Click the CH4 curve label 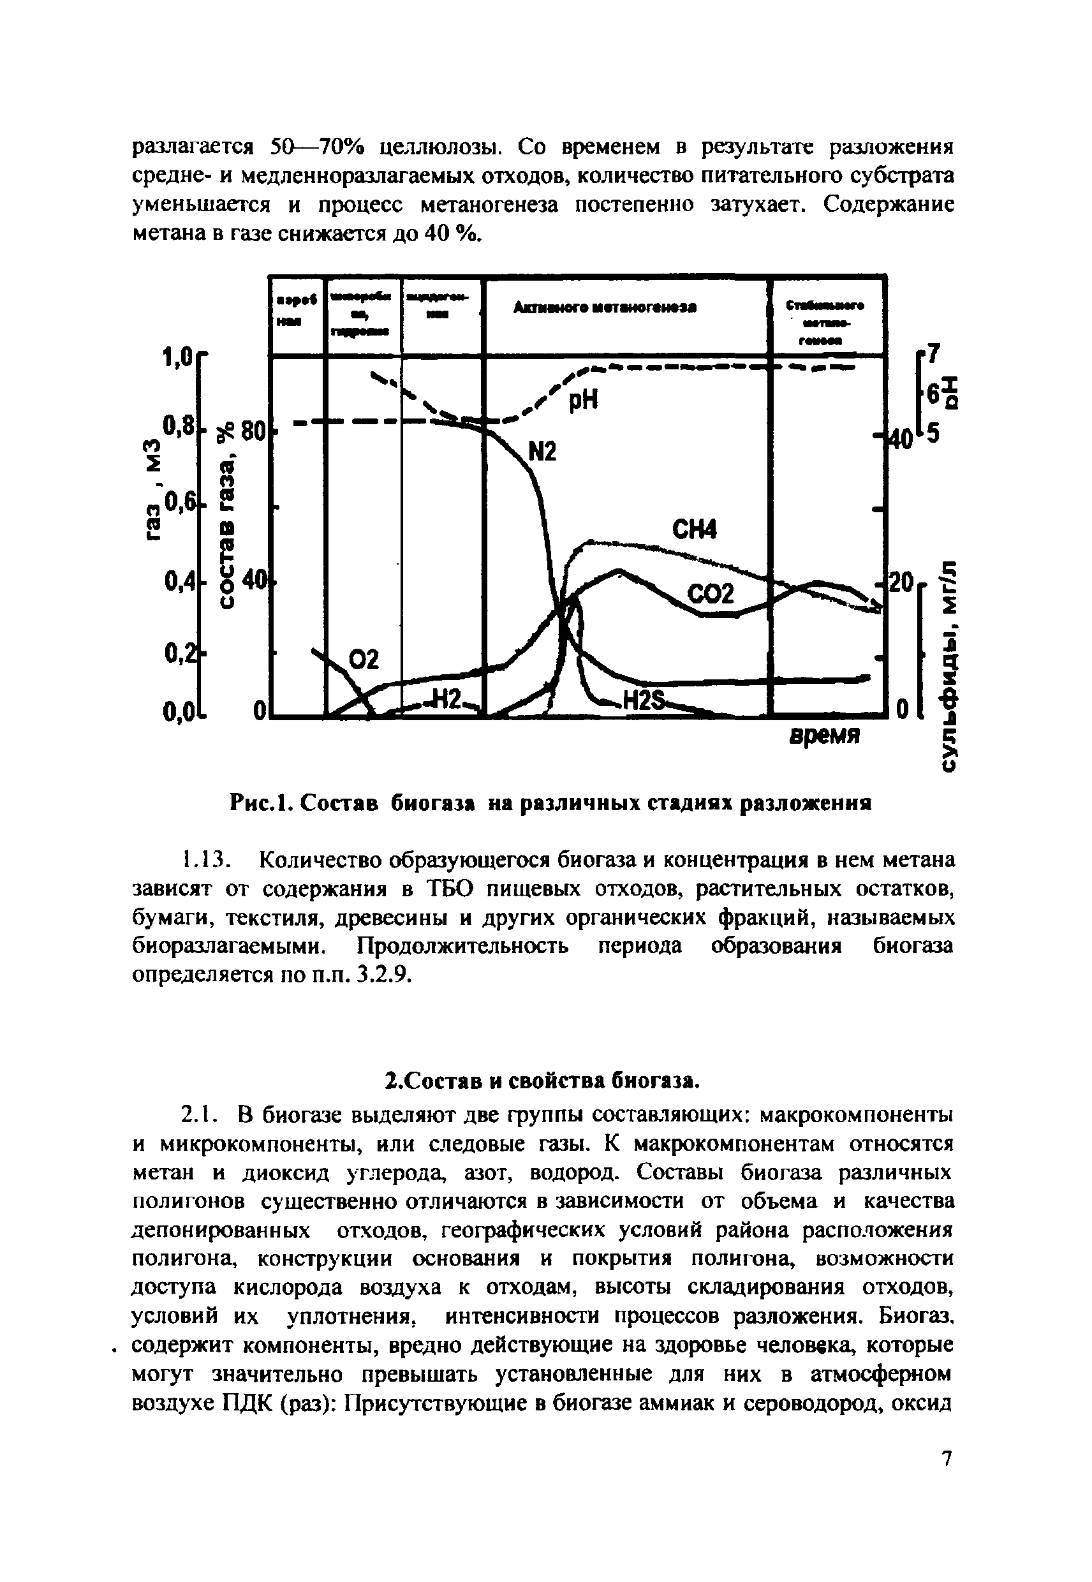point(695,530)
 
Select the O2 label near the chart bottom point(364,660)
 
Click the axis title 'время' point(824,736)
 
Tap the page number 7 point(947,1477)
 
